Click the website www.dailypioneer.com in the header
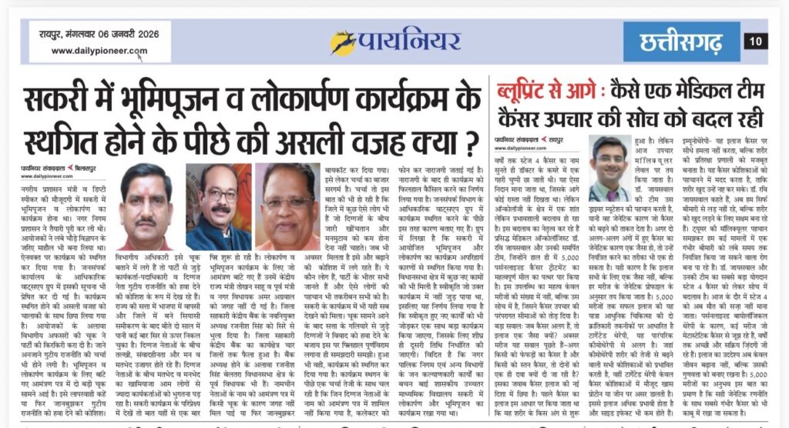[99, 52]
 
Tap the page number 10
[755, 41]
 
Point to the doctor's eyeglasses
[626, 155]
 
